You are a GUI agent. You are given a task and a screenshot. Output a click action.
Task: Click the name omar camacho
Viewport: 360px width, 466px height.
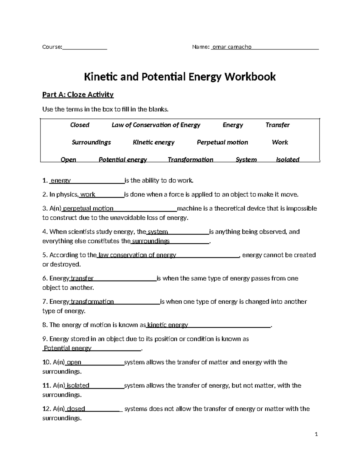(x=232, y=47)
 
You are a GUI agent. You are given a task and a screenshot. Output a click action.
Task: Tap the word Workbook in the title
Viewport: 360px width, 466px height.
(x=250, y=77)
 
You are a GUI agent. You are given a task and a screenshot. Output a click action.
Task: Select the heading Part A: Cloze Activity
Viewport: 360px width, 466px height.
(x=78, y=95)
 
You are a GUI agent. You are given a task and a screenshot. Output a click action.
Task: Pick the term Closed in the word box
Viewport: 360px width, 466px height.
(x=79, y=125)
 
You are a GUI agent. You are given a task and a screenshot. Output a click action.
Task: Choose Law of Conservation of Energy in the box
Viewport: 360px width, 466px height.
(x=156, y=125)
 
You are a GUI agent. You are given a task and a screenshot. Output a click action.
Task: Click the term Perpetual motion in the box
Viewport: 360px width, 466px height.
(x=222, y=142)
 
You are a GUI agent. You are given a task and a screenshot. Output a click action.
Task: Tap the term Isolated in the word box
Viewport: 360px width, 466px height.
(x=287, y=159)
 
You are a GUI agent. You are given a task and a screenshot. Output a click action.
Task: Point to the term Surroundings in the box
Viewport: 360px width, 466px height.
(x=91, y=142)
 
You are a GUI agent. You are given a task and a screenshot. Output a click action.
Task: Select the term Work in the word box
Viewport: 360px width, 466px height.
(x=280, y=142)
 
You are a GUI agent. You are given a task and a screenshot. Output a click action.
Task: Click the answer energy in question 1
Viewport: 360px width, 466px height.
(x=61, y=180)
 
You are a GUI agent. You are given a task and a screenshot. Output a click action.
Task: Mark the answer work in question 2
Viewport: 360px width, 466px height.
(x=88, y=194)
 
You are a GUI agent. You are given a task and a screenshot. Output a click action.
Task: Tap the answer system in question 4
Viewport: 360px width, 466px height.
(x=158, y=232)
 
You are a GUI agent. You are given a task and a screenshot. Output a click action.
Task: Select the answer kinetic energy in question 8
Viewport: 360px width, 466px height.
(x=168, y=325)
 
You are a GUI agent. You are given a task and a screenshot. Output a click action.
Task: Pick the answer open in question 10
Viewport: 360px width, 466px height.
(x=74, y=362)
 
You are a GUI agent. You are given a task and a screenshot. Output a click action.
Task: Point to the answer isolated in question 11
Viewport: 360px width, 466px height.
(x=78, y=385)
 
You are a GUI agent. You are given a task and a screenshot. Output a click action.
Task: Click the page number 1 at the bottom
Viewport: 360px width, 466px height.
(x=316, y=434)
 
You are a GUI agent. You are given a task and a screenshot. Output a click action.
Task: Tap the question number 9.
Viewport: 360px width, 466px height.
(x=45, y=339)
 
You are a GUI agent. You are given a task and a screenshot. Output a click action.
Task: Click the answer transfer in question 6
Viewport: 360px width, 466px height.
(x=82, y=278)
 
